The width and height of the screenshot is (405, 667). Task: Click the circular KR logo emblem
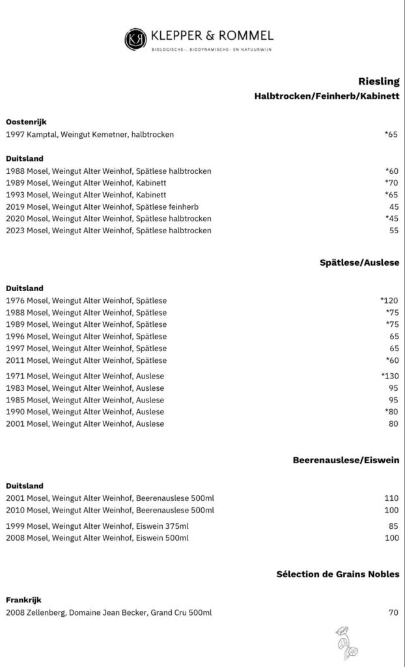coord(135,38)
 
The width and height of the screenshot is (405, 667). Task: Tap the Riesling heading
coord(378,81)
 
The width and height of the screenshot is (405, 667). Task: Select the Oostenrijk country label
coord(26,122)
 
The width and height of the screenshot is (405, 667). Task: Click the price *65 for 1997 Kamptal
coord(391,135)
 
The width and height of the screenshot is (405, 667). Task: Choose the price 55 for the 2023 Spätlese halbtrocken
coord(393,231)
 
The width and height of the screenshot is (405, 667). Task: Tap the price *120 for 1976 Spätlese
coord(389,301)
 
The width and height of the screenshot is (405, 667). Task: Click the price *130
coord(389,376)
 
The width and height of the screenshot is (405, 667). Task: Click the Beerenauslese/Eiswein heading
coord(346,461)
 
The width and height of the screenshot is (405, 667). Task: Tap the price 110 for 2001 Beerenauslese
coord(391,498)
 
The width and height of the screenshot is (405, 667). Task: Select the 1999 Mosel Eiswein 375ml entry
coord(98,526)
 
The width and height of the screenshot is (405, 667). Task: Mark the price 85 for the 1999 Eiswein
coord(393,526)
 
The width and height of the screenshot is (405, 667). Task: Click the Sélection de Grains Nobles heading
coord(338,575)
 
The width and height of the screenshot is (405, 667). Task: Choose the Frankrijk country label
coord(24,600)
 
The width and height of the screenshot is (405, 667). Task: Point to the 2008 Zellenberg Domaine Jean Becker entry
coord(109,613)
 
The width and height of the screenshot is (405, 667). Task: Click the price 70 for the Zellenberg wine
coord(393,613)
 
